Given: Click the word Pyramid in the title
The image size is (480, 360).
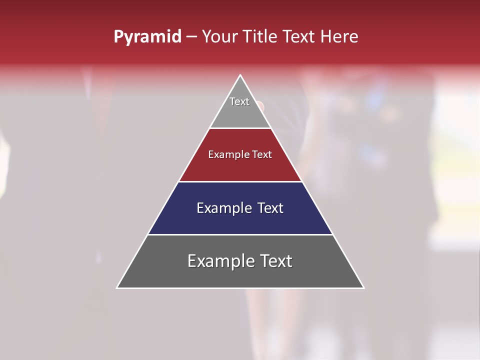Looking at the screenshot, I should point(147,37).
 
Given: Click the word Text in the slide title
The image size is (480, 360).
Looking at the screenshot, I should point(299,36).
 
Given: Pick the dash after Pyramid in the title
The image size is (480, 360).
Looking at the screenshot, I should point(191,37).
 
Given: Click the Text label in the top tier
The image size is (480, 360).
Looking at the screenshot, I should point(239,101).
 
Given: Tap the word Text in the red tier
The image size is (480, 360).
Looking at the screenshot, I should point(262,154).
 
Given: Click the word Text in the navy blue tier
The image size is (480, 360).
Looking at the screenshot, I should point(270,208).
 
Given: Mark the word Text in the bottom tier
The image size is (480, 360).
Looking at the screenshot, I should point(276,261).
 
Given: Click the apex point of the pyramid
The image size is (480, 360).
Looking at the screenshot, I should point(240,75).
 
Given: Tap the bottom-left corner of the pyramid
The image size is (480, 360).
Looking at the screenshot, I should point(117,287).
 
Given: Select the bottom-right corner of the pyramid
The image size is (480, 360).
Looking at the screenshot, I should point(363,287).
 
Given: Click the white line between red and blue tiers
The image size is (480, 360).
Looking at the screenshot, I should point(240,181).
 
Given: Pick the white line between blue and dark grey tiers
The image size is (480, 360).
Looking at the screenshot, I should point(240,234).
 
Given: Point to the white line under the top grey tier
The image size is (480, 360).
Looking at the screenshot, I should point(240,128).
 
